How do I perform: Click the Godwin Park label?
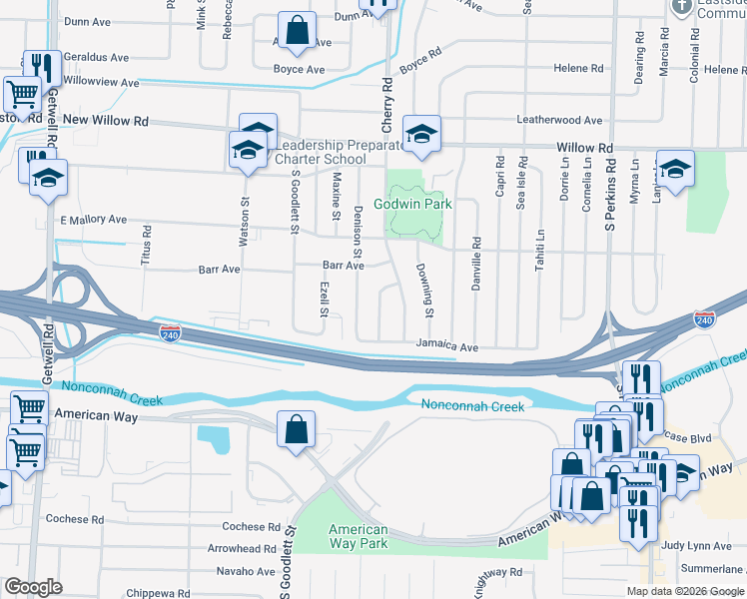(413, 204)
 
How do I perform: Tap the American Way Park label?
(359, 537)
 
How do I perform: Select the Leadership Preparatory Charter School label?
(334, 152)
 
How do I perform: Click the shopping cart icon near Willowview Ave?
(22, 95)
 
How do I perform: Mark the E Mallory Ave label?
(94, 220)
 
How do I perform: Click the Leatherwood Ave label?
(559, 121)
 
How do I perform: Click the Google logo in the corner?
(34, 587)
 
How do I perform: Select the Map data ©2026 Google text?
(685, 591)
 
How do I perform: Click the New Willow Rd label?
(105, 121)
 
